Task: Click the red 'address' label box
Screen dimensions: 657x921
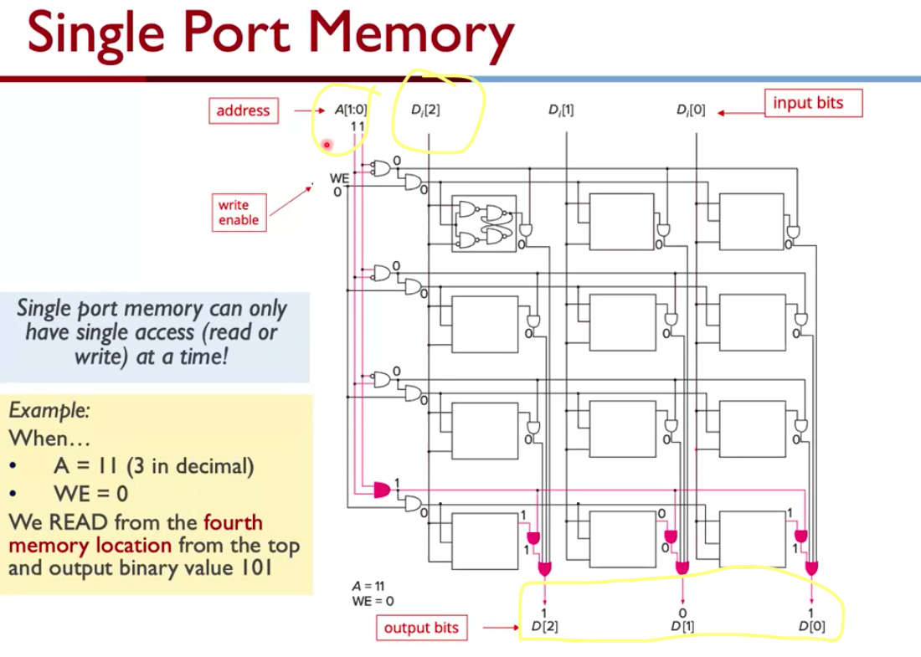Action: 243,110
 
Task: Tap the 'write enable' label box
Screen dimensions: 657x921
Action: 239,213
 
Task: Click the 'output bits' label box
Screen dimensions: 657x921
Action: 421,628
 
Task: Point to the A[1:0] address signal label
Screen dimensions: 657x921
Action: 351,110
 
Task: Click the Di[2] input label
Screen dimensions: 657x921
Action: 425,110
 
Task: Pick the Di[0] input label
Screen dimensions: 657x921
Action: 691,110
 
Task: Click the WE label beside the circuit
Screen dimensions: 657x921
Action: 339,178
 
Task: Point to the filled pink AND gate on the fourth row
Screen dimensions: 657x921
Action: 382,489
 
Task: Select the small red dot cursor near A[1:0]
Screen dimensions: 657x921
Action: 327,146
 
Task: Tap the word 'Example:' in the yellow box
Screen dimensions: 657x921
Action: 49,411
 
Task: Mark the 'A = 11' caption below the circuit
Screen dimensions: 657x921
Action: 368,588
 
